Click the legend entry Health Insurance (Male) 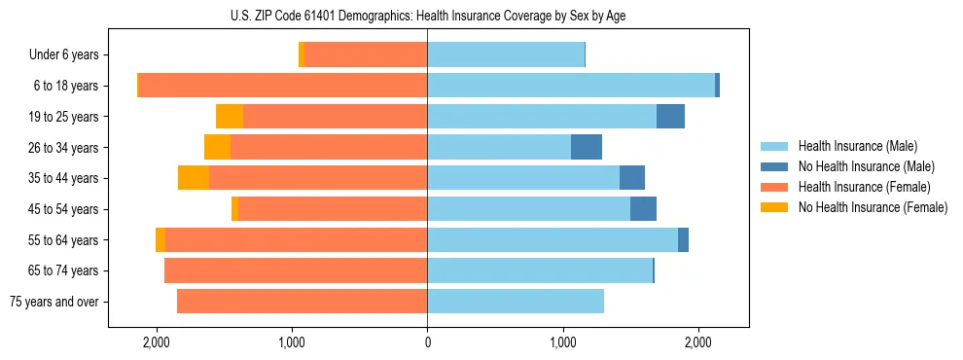[x=857, y=147]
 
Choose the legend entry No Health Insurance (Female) [x=873, y=207]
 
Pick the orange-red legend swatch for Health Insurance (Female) [x=774, y=187]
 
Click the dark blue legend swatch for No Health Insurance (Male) [x=774, y=167]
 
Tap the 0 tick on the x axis [x=427, y=343]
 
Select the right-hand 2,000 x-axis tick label [x=697, y=343]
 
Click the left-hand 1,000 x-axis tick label [x=292, y=343]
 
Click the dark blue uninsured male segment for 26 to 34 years [x=586, y=147]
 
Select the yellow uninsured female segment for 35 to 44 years [x=194, y=178]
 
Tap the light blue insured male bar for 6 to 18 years [x=571, y=86]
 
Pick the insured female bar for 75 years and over [x=302, y=302]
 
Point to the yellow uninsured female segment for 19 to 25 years [x=230, y=117]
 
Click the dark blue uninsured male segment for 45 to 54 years [x=643, y=209]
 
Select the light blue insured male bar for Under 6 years [x=506, y=54]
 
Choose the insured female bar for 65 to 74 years [x=296, y=270]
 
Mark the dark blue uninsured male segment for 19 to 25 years [x=670, y=117]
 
